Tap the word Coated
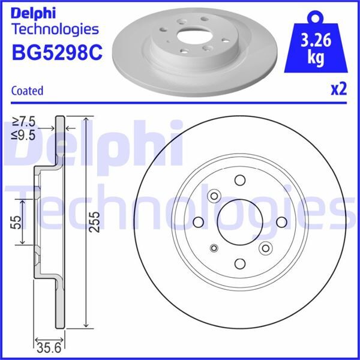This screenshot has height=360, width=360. click(x=28, y=91)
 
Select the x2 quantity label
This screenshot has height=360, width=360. click(x=339, y=89)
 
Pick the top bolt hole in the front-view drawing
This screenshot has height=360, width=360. click(x=239, y=181)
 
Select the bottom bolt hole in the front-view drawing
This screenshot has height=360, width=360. click(x=239, y=263)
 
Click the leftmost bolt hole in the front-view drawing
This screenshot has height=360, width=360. click(x=199, y=222)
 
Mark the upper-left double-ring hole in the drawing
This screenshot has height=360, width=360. click(x=214, y=196)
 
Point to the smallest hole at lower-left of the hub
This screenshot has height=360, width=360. click(x=214, y=248)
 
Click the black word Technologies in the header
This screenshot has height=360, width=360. click(x=55, y=29)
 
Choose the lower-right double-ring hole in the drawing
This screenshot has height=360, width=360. click(x=265, y=248)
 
